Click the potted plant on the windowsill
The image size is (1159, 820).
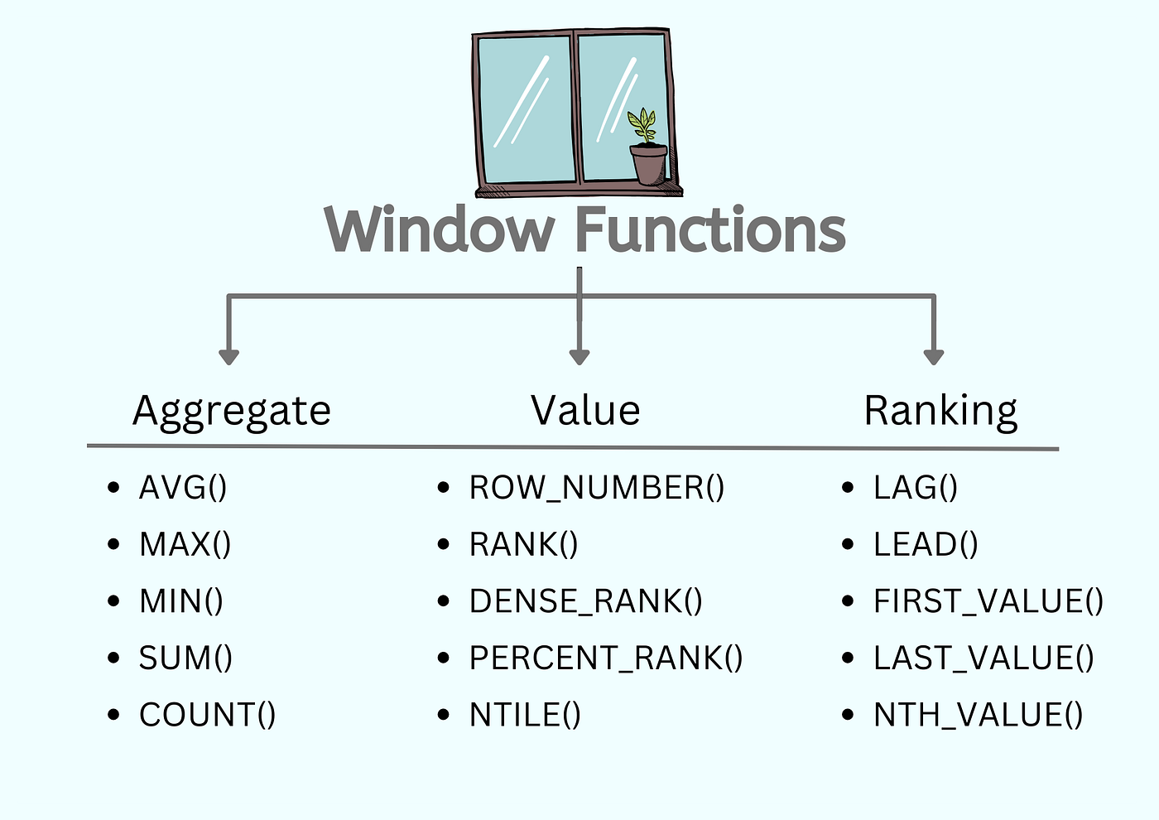tap(647, 149)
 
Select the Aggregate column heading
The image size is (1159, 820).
tap(232, 411)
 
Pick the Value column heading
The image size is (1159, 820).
tap(585, 411)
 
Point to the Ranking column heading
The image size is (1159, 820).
tap(940, 411)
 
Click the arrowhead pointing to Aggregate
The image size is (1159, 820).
tap(229, 356)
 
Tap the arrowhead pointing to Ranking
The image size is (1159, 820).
tap(934, 356)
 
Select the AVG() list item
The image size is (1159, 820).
tap(183, 487)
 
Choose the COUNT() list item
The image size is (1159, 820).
tap(207, 715)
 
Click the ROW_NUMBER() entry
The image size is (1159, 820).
tap(596, 487)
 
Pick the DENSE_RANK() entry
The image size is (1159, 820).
tap(585, 601)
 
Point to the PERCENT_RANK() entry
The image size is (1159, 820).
tap(606, 658)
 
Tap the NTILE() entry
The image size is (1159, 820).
tap(525, 715)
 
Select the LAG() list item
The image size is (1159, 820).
tap(916, 487)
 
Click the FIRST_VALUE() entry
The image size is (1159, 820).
tap(988, 601)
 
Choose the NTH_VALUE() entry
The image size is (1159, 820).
tap(978, 715)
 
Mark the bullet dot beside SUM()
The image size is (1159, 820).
tap(114, 658)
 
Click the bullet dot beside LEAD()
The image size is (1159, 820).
tap(848, 545)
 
